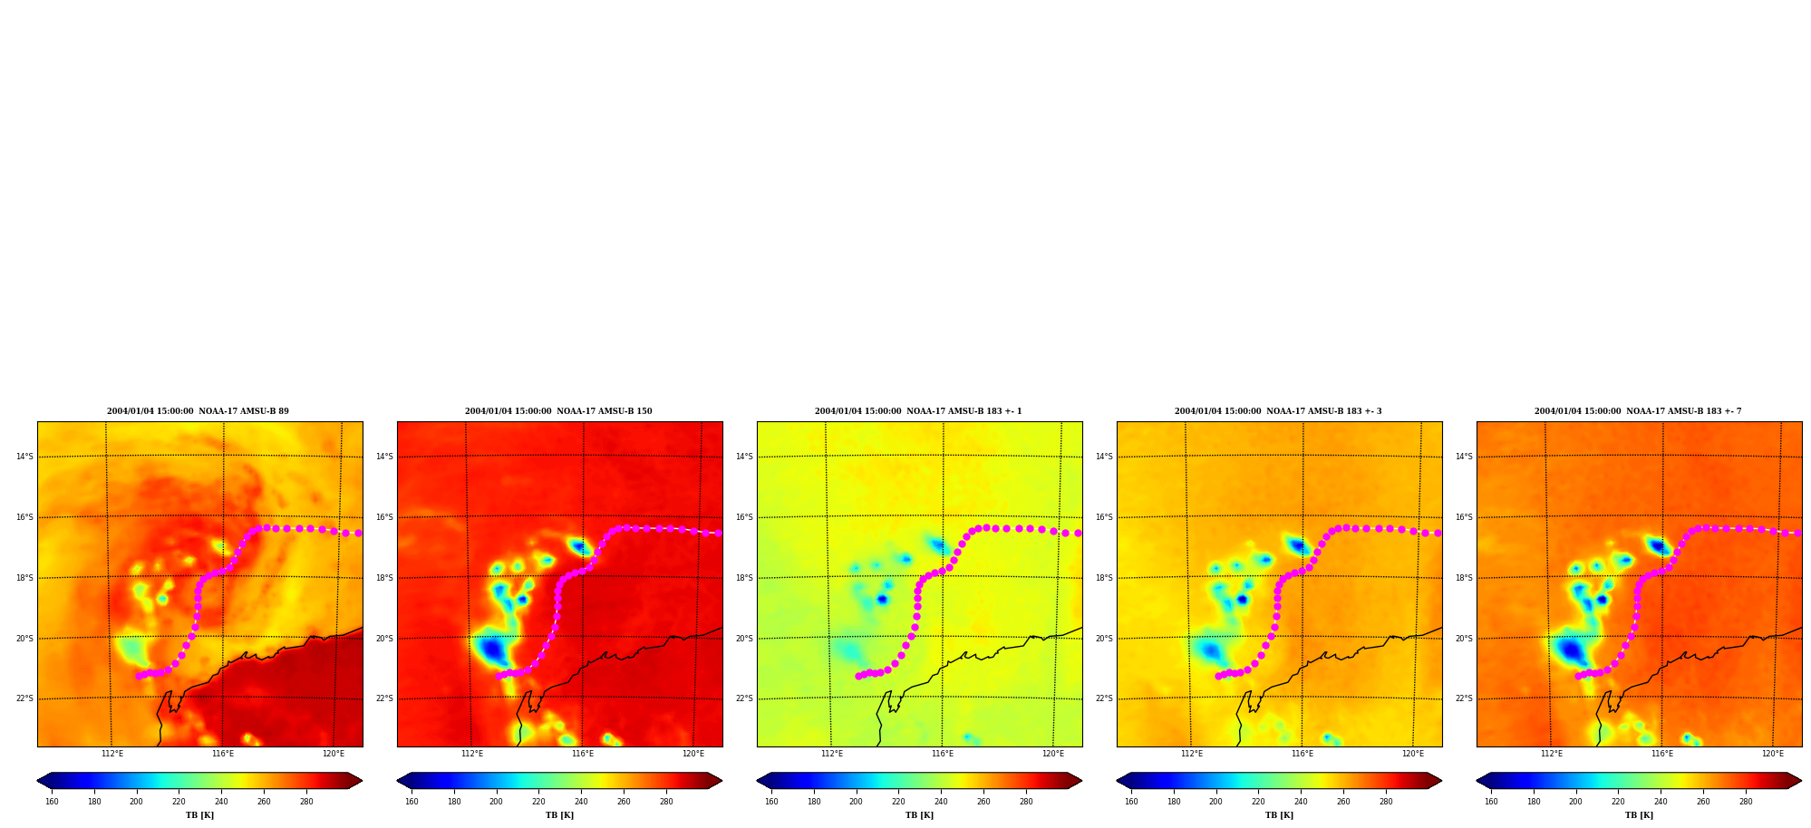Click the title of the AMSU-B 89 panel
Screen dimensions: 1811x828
tap(198, 411)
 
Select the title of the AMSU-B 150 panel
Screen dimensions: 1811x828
tap(558, 411)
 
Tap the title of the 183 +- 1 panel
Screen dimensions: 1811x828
tap(918, 411)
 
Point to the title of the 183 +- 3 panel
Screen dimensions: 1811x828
tap(1278, 411)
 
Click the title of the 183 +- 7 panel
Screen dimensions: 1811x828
tap(1638, 411)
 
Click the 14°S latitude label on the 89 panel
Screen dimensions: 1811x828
tap(24, 457)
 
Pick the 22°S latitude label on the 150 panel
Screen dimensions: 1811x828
tap(384, 698)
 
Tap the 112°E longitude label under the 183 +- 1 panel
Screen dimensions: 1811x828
tap(832, 754)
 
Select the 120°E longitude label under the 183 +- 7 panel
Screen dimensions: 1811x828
tap(1773, 754)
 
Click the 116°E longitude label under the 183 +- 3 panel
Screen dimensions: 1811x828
tap(1303, 754)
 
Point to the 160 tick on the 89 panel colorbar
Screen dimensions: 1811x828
tap(52, 802)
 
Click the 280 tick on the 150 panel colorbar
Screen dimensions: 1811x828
tap(666, 802)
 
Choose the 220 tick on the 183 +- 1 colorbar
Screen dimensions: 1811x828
tap(898, 802)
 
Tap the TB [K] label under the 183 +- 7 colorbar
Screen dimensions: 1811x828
tap(1639, 815)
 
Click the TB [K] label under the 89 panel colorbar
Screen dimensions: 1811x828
tap(199, 815)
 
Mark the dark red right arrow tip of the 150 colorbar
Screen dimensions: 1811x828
tap(721, 781)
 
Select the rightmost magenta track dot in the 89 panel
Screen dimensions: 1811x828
tap(358, 534)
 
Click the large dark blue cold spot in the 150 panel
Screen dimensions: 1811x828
tap(492, 650)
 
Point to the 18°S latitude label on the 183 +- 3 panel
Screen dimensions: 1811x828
tap(1104, 578)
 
